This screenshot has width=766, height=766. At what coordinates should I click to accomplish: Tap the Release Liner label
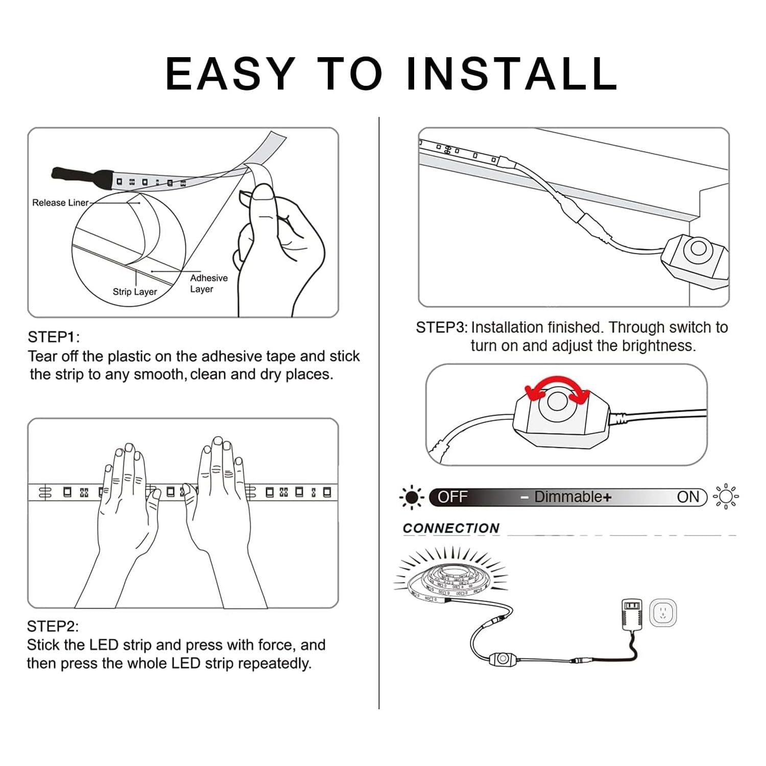tap(60, 203)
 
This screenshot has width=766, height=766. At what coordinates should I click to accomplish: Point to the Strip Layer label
tap(135, 292)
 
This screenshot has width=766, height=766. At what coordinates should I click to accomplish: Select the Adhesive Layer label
tap(209, 283)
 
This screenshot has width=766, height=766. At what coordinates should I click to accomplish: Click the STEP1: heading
tap(54, 337)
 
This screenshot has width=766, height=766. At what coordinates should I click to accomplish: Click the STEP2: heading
tap(53, 626)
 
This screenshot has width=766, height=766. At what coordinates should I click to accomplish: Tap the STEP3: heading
tap(442, 327)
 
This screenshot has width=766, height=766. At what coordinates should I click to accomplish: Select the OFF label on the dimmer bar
tap(452, 497)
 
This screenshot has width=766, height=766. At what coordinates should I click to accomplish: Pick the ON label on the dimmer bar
tap(688, 497)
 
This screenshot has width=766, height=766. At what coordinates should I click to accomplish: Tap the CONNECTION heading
tap(451, 528)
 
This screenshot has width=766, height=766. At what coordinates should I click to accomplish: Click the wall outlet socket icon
tap(663, 612)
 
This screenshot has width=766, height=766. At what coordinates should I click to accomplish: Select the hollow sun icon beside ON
tap(726, 496)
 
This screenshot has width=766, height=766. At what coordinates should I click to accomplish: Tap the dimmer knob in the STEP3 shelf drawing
tap(697, 250)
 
